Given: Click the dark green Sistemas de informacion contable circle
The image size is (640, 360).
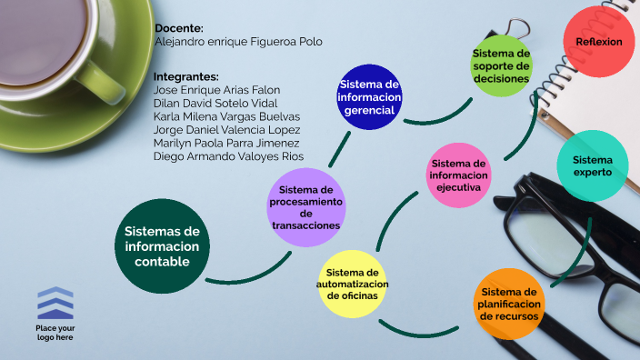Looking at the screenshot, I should pyautogui.click(x=162, y=247).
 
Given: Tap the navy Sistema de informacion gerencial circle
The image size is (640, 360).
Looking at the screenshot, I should pyautogui.click(x=369, y=97).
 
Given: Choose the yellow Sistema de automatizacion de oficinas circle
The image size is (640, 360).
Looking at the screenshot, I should pyautogui.click(x=353, y=284).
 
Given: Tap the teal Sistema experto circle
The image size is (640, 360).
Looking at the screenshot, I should pyautogui.click(x=592, y=166).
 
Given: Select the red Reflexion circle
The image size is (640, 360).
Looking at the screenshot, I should pyautogui.click(x=598, y=42).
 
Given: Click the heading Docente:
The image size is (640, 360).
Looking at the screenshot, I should pyautogui.click(x=179, y=28).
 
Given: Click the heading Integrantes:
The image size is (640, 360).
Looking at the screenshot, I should pyautogui.click(x=186, y=76).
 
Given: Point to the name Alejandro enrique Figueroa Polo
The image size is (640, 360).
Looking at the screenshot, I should pyautogui.click(x=238, y=42).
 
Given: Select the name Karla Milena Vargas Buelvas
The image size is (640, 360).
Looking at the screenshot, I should pyautogui.click(x=226, y=116).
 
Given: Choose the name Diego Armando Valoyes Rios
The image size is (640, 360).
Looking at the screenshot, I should pyautogui.click(x=228, y=156).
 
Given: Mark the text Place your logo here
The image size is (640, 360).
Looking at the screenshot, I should pyautogui.click(x=55, y=332).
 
